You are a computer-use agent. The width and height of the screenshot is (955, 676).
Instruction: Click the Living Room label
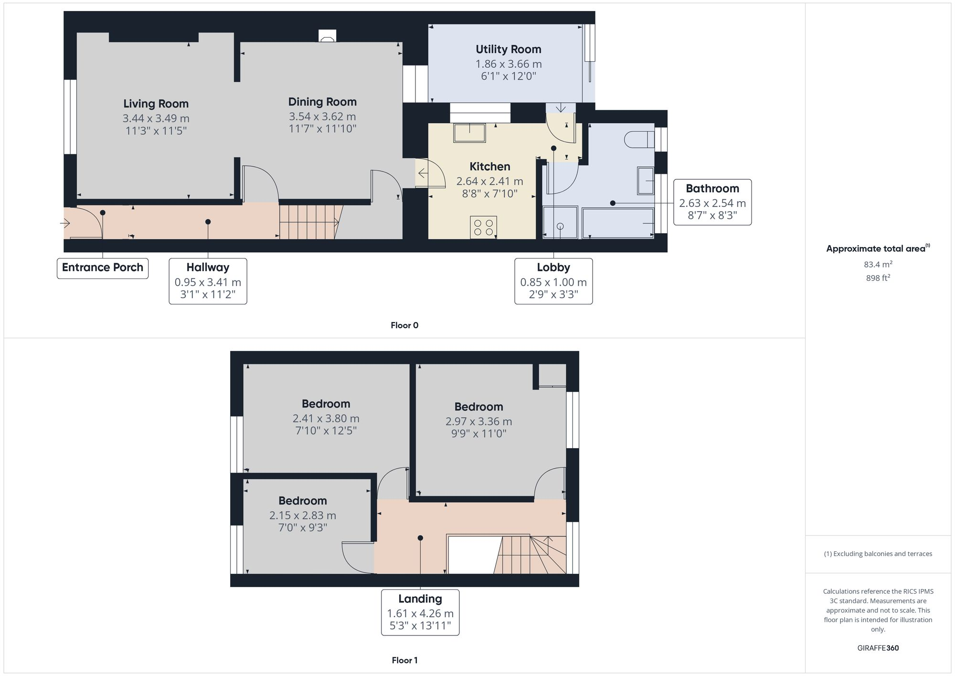point(156,104)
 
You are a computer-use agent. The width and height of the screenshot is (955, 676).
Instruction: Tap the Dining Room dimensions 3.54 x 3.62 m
point(322,117)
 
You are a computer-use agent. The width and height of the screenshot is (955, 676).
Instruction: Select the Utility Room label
point(508,49)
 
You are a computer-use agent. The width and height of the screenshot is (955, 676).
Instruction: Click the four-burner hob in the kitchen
point(483,227)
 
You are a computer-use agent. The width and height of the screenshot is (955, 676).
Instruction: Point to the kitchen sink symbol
point(469,132)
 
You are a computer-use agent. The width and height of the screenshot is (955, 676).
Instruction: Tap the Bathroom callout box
point(712,202)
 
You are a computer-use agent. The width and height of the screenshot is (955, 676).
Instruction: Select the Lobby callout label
point(553,268)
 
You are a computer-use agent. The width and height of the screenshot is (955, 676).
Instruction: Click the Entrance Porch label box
point(103,268)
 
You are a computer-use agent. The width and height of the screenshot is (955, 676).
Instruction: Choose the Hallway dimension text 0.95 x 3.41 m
point(208,282)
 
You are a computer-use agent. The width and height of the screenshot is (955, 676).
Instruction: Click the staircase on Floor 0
point(308,222)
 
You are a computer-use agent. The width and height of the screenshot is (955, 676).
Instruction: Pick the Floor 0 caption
point(404,325)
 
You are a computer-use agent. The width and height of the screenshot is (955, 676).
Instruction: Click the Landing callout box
point(420,612)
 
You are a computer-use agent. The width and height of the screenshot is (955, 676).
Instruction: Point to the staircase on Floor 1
point(530,554)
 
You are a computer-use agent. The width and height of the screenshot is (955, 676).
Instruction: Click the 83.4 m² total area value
point(878,264)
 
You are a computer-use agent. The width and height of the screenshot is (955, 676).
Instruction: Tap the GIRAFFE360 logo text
point(878,648)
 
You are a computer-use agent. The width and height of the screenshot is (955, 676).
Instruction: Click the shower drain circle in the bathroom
point(560,226)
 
